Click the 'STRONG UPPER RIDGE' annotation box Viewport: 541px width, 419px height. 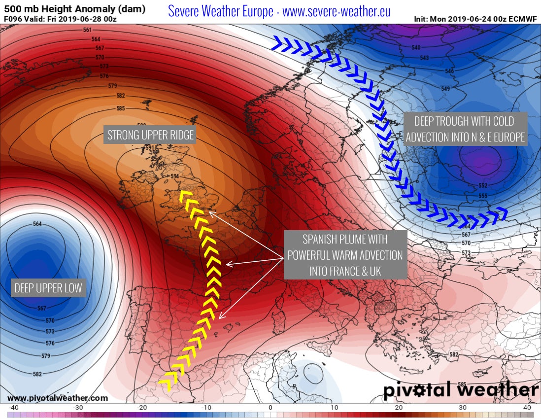click(150, 135)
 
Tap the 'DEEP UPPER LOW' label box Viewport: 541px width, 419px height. click(48, 288)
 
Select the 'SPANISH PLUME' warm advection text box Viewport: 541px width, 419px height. click(345, 255)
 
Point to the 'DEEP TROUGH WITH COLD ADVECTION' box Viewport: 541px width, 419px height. click(465, 129)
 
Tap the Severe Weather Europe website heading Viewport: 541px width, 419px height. click(279, 11)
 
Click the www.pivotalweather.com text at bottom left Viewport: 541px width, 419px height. click(58, 398)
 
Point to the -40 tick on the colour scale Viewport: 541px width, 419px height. click(14, 408)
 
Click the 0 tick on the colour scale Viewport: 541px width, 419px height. click(270, 408)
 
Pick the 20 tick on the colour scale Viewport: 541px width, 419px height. click(399, 408)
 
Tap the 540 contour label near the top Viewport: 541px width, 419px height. click(416, 48)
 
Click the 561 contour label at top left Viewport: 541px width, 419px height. click(88, 30)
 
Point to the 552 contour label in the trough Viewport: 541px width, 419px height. click(483, 186)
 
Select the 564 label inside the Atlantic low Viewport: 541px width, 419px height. click(37, 224)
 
